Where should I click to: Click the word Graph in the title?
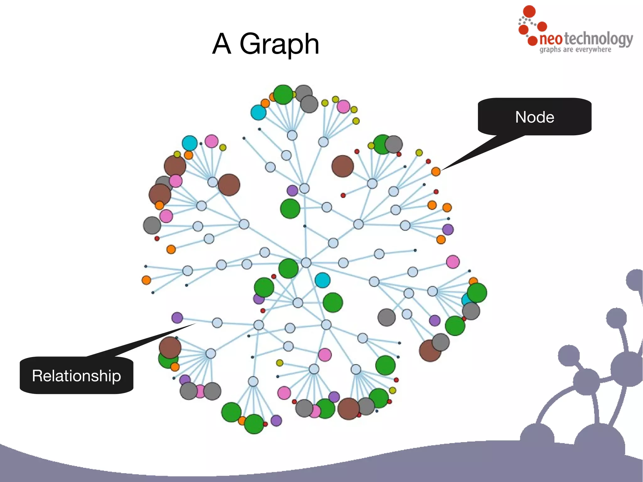pyautogui.click(x=279, y=45)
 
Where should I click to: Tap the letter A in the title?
pyautogui.click(x=222, y=44)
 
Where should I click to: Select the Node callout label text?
pyautogui.click(x=534, y=117)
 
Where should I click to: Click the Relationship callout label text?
pyautogui.click(x=76, y=376)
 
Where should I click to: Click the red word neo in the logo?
pyautogui.click(x=551, y=39)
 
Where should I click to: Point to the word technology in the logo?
pyautogui.click(x=598, y=39)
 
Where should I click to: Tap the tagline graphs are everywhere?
pyautogui.click(x=575, y=50)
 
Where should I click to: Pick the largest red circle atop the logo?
pyautogui.click(x=529, y=11)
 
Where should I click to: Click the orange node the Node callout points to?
pyautogui.click(x=436, y=171)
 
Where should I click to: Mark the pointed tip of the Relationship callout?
pyautogui.click(x=195, y=324)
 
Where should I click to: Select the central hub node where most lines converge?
pyautogui.click(x=306, y=263)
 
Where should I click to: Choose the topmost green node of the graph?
pyautogui.click(x=283, y=94)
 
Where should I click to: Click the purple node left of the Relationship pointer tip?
pyautogui.click(x=177, y=317)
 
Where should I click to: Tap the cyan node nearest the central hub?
pyautogui.click(x=322, y=280)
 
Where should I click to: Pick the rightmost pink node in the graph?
pyautogui.click(x=453, y=262)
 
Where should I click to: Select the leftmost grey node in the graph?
pyautogui.click(x=152, y=225)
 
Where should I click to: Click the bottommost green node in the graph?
pyautogui.click(x=254, y=424)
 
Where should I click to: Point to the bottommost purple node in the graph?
pyautogui.click(x=276, y=420)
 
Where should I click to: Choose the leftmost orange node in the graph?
pyautogui.click(x=146, y=280)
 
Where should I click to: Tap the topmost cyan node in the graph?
pyautogui.click(x=258, y=112)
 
